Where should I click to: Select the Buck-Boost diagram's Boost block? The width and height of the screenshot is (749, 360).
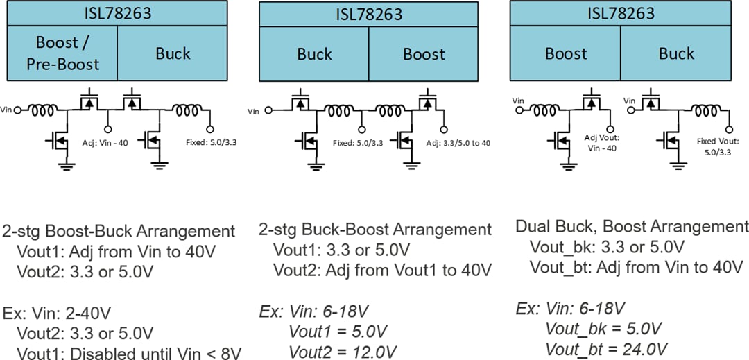424,54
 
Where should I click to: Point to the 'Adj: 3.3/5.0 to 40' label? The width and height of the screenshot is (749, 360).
449,142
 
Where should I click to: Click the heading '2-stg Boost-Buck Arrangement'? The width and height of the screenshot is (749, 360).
119,231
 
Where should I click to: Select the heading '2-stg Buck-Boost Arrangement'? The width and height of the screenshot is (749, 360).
375,229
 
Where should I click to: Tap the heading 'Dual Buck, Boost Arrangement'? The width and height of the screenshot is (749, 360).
632,226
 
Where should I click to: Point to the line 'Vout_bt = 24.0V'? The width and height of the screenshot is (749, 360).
606,348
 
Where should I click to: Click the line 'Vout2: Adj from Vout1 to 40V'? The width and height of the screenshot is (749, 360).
382,269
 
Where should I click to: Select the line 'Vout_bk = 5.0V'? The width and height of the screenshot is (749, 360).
603,328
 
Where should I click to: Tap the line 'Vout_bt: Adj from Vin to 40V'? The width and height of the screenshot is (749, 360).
636,267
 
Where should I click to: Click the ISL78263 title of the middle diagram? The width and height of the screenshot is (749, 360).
368,14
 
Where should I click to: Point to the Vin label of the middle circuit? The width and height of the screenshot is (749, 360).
255,110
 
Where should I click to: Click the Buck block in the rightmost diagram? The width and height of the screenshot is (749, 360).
676,53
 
